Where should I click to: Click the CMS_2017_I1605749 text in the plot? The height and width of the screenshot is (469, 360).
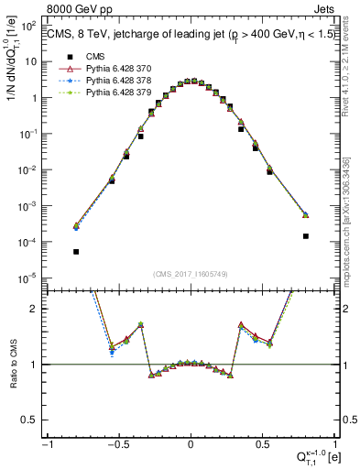pyautogui.click(x=191, y=274)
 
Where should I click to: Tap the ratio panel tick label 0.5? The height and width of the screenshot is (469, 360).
pyautogui.click(x=31, y=420)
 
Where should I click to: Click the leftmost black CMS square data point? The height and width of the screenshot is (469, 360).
pyautogui.click(x=76, y=252)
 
